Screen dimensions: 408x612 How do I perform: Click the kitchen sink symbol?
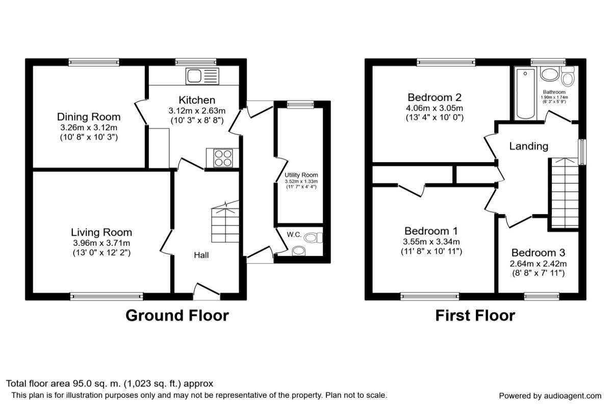[x=202, y=76]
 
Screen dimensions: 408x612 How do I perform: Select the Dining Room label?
[x=89, y=117]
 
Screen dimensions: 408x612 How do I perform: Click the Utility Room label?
[x=301, y=175]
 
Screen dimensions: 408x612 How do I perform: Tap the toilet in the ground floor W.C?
[x=317, y=237]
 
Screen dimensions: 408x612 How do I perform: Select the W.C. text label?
[x=294, y=235]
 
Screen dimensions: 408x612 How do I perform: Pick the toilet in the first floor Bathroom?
[x=567, y=78]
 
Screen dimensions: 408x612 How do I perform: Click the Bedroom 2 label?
[x=435, y=97]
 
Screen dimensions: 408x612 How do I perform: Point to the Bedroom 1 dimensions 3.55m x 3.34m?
[x=432, y=242]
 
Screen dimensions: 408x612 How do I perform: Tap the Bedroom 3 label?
[x=539, y=253]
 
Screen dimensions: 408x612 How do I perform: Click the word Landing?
[x=529, y=146]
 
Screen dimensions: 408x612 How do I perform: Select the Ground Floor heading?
[x=177, y=316]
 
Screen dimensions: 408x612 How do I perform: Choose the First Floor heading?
[x=475, y=316]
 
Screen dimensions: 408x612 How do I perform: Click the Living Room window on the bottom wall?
[x=107, y=296]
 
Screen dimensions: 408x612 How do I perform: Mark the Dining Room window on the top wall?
[x=94, y=62]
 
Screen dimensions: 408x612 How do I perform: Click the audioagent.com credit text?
[x=550, y=396]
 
